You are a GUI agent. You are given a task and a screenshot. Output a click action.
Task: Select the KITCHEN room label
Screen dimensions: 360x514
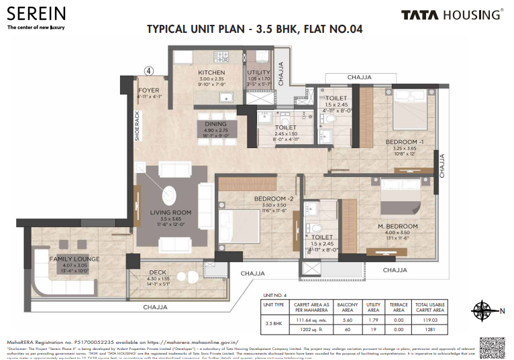(x=211, y=72)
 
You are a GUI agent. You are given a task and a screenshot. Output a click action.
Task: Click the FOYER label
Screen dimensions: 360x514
(x=148, y=90)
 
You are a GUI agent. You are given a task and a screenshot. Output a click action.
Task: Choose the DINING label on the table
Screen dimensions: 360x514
(x=216, y=124)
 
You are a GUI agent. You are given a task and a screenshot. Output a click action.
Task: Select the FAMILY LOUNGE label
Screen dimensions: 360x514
(x=74, y=259)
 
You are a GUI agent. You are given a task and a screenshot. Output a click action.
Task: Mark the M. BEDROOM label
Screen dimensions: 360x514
(x=398, y=225)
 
